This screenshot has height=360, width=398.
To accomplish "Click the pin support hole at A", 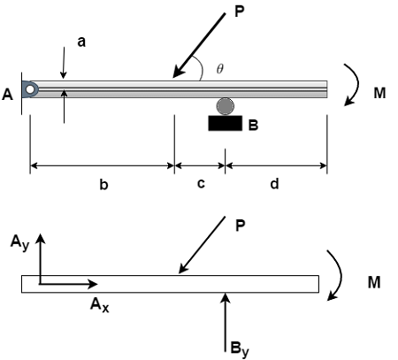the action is tap(30, 89).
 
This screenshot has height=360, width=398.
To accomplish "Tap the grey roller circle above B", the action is tap(226, 106).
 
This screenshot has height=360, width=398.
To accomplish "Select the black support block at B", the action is tap(226, 123).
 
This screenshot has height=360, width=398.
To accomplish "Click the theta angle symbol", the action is tap(220, 69).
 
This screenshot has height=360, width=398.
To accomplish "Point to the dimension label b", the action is tap(103, 185).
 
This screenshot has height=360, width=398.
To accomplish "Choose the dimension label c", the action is tap(201, 184).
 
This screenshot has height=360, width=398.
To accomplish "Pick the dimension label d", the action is tap(274, 184).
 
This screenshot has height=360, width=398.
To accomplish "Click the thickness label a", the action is tap(81, 42).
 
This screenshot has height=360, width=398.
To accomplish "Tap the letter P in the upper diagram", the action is tap(240, 12).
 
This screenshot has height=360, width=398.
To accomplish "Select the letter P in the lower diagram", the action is tap(241, 226).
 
